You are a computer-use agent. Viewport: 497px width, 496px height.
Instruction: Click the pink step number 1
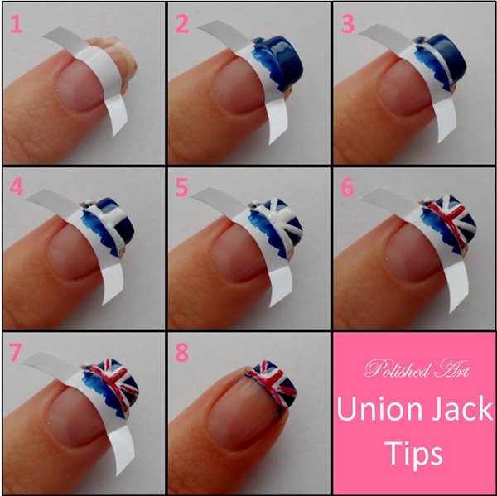coord(17,24)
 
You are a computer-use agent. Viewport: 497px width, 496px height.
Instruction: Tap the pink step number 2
coord(182,24)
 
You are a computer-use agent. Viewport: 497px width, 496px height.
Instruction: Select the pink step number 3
coord(347,24)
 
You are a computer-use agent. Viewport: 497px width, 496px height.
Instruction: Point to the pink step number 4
coord(17,187)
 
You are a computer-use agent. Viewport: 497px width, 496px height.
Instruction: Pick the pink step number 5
coord(182,187)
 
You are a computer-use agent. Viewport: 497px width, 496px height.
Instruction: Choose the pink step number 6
coord(347,187)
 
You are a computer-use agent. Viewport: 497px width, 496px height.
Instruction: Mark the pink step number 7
coord(16,353)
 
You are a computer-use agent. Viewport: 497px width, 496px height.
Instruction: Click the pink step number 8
coord(182,353)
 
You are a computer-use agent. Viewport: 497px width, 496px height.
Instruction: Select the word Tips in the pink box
coord(414,453)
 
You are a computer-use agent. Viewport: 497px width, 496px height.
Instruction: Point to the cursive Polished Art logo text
coord(417,368)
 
